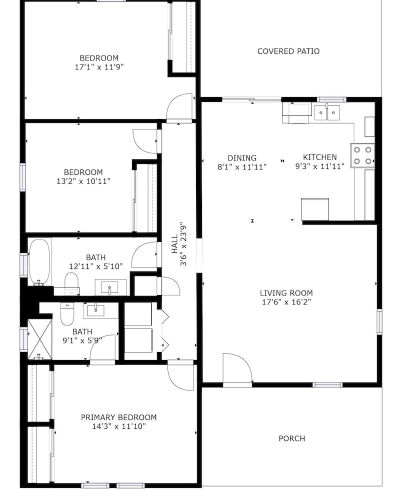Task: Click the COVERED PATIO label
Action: tap(288, 51)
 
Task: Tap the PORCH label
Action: tap(291, 438)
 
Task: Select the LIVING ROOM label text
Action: tap(286, 293)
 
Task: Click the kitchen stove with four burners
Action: tap(362, 155)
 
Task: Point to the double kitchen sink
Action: tap(327, 112)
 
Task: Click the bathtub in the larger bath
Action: tap(39, 262)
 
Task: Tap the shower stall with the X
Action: tap(40, 339)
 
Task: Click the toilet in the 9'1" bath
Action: tap(67, 314)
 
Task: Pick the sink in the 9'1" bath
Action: tap(95, 310)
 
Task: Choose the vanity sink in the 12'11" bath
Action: tap(109, 287)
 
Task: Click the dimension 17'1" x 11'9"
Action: tap(99, 67)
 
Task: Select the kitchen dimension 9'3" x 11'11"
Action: tap(320, 166)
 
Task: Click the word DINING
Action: tap(242, 158)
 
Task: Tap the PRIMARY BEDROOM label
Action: tap(118, 417)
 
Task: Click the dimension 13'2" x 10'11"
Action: tap(83, 181)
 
